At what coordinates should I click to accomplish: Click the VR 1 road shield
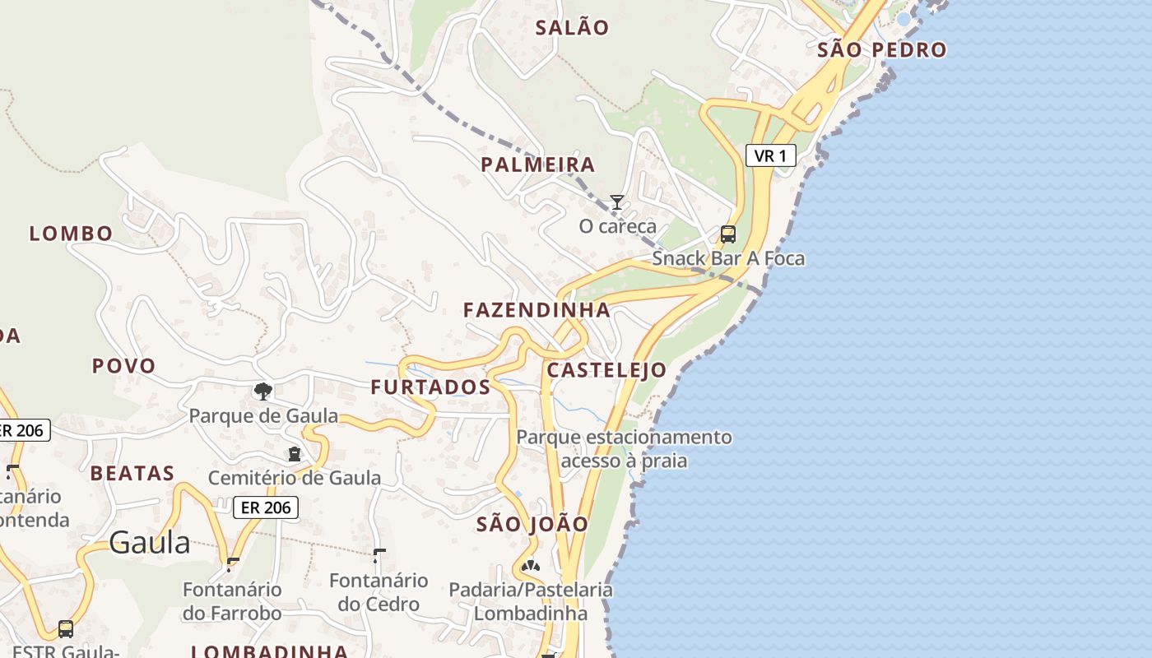(770, 155)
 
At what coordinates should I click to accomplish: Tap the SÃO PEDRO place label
(881, 50)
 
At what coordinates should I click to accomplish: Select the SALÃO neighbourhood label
(572, 28)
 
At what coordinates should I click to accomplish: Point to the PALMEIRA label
(537, 164)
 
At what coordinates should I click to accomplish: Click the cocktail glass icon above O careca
(616, 202)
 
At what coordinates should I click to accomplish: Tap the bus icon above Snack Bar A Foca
(728, 234)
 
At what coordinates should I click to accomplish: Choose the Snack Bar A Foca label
(728, 258)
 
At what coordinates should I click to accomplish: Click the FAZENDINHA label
(537, 310)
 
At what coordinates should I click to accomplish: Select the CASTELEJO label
(606, 370)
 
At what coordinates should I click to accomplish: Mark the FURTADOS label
(430, 387)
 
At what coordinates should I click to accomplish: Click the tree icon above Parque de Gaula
(263, 391)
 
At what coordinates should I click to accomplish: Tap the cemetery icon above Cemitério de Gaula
(294, 453)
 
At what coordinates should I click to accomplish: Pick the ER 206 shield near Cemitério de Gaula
(265, 507)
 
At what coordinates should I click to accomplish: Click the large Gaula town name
(149, 543)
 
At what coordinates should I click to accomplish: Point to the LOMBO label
(71, 234)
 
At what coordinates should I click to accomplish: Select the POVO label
(123, 366)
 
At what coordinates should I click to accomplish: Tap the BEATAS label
(132, 473)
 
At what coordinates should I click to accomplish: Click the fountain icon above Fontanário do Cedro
(379, 555)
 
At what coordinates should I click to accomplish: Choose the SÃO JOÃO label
(532, 524)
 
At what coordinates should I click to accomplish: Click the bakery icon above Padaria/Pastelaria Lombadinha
(531, 566)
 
